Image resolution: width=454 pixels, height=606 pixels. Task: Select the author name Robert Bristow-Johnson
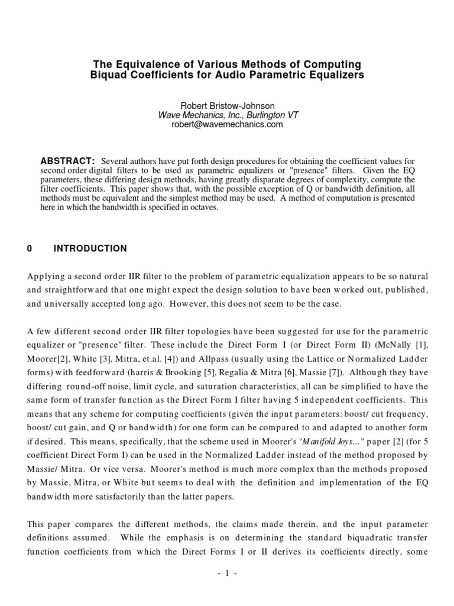coord(227,105)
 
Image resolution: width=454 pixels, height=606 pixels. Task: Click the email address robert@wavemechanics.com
coord(227,124)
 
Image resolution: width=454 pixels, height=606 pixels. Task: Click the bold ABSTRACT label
coord(67,161)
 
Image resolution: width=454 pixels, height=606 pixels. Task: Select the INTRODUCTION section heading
coord(90,249)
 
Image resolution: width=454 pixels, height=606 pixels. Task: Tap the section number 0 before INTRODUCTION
coord(30,249)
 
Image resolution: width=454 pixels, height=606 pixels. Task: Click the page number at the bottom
coord(227,573)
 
